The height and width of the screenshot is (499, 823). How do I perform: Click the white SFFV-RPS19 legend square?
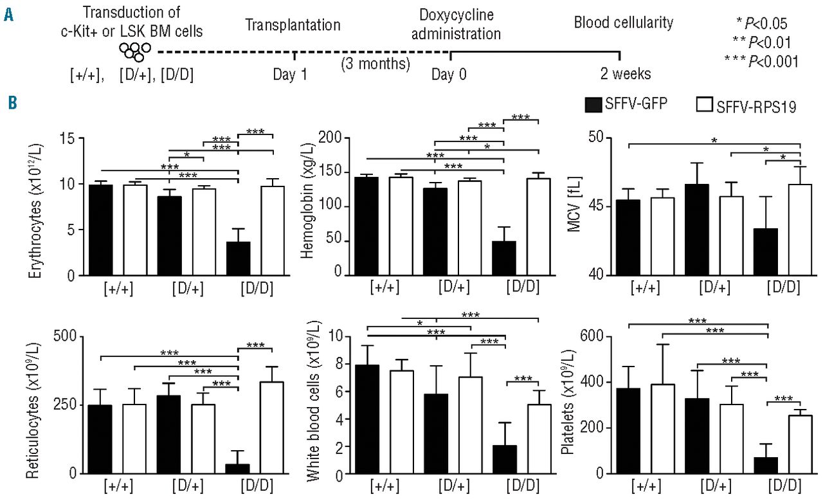click(706, 104)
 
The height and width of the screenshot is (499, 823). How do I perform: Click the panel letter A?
click(9, 15)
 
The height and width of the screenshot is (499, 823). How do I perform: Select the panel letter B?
click(9, 102)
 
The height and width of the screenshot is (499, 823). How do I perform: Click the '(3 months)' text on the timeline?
click(375, 64)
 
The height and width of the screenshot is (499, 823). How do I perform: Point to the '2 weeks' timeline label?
click(625, 74)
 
